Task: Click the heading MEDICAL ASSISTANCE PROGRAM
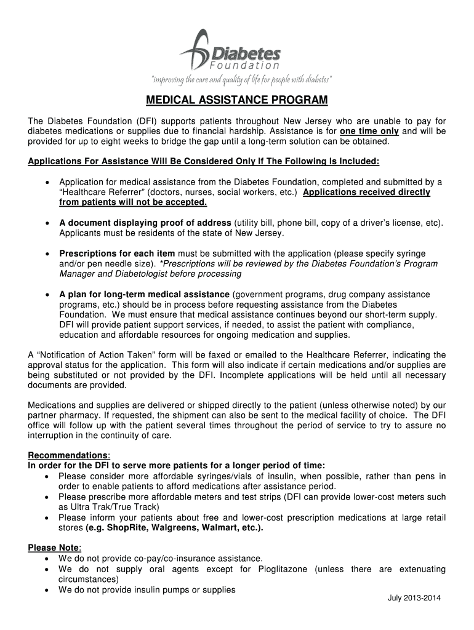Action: coord(237,100)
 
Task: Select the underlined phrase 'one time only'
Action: coord(369,132)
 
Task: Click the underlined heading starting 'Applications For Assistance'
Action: coord(204,162)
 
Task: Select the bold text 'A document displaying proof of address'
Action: coord(145,223)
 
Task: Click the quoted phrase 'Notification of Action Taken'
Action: coord(98,355)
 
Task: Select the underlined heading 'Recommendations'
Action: coord(68,455)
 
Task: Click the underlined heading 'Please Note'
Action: coord(54,548)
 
